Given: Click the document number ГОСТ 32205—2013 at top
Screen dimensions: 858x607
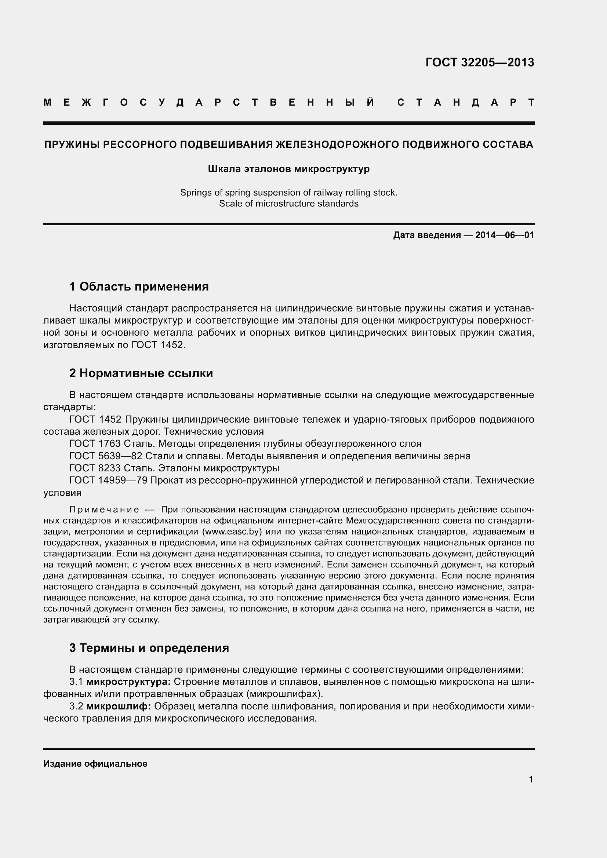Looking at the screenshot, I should tap(480, 62).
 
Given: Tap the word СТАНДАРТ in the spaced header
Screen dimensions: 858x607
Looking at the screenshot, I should tap(466, 102).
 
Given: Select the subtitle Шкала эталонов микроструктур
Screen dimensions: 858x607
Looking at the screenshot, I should tap(288, 169).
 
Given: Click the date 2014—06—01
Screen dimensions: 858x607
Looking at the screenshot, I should tap(505, 235).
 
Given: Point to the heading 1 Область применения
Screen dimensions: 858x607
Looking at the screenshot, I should tap(139, 286).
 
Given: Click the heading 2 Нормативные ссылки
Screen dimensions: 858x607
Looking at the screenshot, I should tap(141, 373).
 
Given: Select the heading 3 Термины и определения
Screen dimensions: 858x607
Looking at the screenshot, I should tap(149, 647).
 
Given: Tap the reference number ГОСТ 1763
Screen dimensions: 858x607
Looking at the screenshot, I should tap(95, 443).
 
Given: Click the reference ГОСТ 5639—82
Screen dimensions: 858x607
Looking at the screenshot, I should tap(106, 456).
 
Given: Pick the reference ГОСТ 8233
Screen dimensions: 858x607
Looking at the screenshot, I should tap(95, 468).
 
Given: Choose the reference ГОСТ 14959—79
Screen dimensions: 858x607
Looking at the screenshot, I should tap(108, 480).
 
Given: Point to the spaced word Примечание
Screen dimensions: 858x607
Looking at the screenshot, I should tap(104, 510).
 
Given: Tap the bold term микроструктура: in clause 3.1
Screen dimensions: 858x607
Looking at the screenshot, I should tap(128, 682).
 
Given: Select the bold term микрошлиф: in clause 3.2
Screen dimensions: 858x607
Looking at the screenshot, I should tap(119, 706).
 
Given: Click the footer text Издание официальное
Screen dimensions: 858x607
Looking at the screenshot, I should tap(95, 764).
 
